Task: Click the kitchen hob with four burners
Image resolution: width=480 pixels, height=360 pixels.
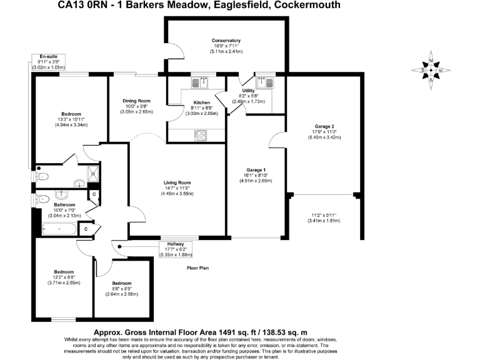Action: point(201,133)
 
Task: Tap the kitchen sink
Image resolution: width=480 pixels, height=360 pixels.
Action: point(203,81)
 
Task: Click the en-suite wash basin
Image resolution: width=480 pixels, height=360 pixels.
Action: point(79,183)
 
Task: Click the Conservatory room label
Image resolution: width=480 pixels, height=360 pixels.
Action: point(227,41)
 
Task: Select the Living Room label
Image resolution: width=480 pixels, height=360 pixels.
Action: point(177,182)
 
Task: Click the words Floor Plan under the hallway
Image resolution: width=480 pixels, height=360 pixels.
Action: point(198,267)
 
